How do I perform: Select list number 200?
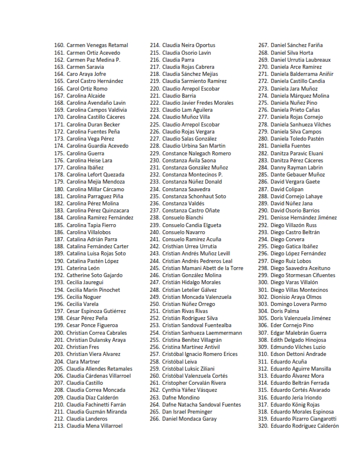coord(58,332)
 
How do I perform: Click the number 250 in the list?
coord(155,304)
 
